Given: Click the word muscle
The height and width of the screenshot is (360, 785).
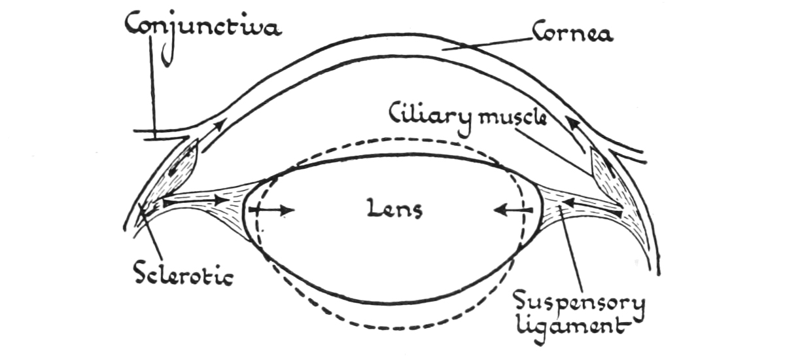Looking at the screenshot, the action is coord(512,118).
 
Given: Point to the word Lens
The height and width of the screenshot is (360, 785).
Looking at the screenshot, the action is coord(394,209).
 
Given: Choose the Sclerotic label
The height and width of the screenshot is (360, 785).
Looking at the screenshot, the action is coord(184,275).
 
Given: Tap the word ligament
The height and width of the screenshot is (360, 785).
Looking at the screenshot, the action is coord(572,329).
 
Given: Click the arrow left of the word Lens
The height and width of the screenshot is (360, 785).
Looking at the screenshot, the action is coord(271,210).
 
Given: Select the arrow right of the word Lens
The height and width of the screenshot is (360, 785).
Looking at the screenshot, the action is coord(513,210).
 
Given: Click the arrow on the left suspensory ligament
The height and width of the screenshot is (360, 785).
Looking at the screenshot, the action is coord(196,201).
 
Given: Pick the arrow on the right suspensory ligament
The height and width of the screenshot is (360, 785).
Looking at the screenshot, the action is coord(592,207).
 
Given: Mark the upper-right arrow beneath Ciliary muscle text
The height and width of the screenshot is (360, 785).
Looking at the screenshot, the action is coord(576,135).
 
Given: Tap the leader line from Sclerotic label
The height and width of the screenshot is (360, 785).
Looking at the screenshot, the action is coord(152,233).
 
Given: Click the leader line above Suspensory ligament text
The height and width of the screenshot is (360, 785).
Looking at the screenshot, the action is coord(571,248).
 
